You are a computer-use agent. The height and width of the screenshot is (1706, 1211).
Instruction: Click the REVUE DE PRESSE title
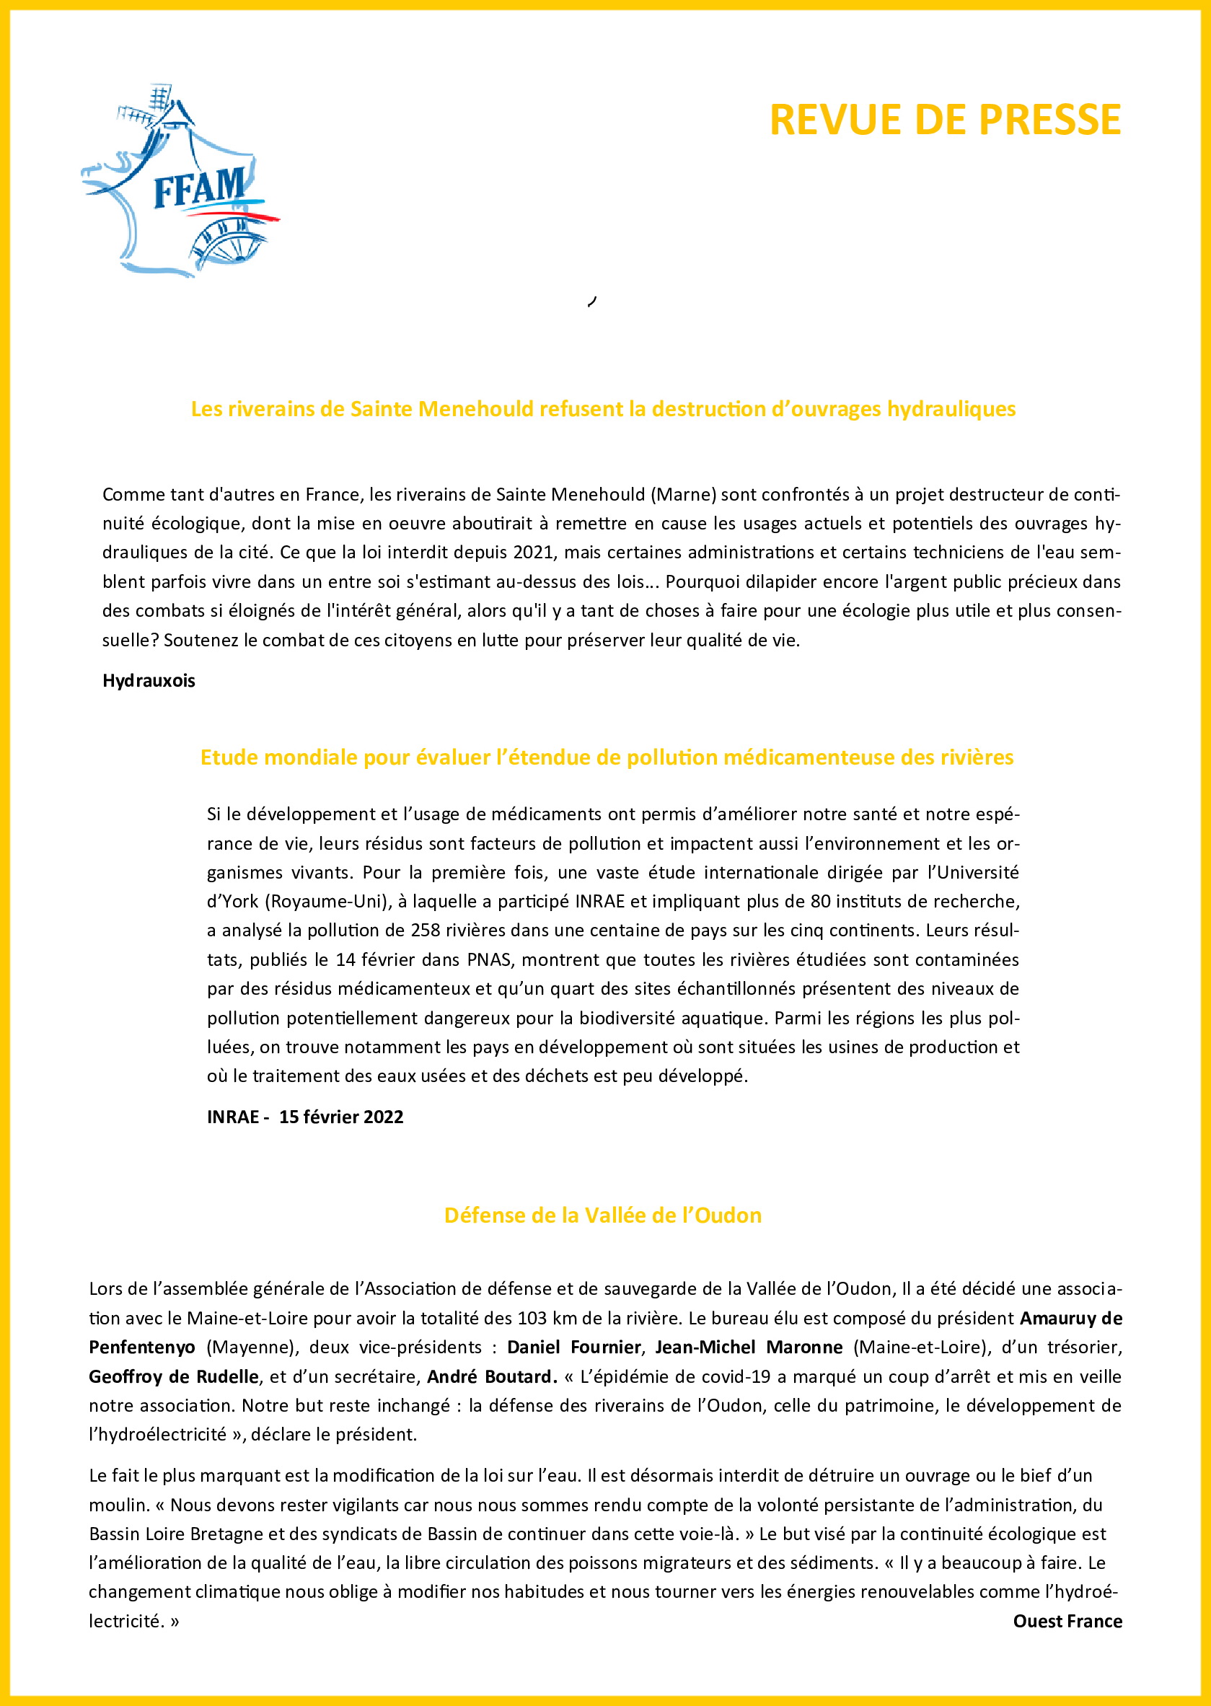945,119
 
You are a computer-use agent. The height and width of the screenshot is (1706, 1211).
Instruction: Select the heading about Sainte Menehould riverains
603,408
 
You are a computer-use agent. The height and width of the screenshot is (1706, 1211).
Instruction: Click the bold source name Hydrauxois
149,681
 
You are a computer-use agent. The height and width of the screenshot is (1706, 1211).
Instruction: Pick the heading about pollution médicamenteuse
607,757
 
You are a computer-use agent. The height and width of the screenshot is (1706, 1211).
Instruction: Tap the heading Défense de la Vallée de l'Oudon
602,1215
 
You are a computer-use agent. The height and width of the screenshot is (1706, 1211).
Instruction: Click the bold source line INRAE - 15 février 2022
305,1116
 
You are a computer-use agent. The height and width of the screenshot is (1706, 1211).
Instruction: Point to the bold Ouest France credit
1067,1621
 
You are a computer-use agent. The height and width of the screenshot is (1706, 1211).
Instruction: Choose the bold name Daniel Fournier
573,1347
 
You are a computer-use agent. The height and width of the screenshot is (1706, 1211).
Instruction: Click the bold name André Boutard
491,1376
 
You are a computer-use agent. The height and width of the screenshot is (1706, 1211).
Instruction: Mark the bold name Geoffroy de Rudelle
174,1376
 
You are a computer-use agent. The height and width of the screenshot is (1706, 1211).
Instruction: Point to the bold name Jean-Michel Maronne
749,1347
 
